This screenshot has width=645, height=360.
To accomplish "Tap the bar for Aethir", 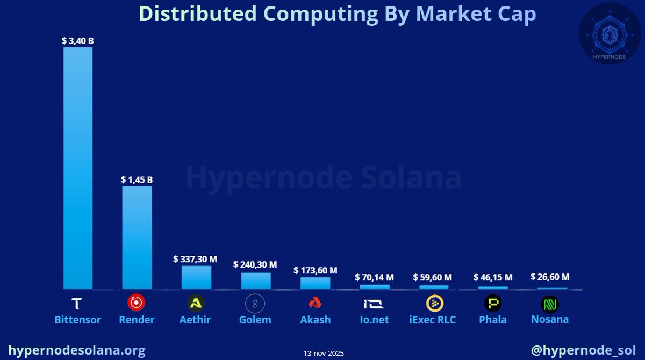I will click(x=196, y=277).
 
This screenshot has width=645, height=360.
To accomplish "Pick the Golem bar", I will click(x=255, y=280).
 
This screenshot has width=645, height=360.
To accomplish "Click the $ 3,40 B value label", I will click(x=78, y=40).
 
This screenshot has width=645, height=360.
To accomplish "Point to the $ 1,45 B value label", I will click(x=137, y=179).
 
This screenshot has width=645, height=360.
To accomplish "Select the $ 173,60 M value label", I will click(x=316, y=270).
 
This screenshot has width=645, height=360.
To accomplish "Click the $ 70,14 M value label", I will click(x=374, y=277).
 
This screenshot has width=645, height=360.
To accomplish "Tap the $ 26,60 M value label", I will click(x=549, y=277).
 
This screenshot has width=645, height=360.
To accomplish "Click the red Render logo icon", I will click(x=136, y=303).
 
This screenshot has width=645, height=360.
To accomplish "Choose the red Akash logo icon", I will click(x=315, y=304).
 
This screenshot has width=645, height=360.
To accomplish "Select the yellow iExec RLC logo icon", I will click(x=434, y=304).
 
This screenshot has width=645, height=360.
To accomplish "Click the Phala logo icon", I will click(x=493, y=304).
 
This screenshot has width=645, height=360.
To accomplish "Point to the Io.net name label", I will click(x=375, y=320).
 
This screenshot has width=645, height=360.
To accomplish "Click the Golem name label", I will click(x=255, y=320).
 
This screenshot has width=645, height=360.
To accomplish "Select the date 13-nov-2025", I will click(x=324, y=353).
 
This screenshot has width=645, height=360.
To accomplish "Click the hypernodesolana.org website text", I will click(x=77, y=350).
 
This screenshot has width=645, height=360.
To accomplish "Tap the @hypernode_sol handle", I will click(x=583, y=350).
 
